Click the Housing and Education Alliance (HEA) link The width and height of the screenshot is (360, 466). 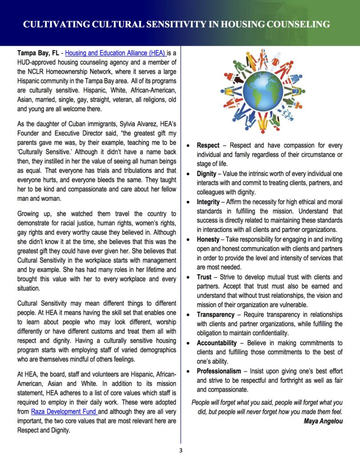click(x=117, y=53)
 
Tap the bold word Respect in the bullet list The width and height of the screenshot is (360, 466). click(x=208, y=146)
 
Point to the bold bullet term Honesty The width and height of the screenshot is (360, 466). click(x=208, y=239)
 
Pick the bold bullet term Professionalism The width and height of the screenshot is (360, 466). click(x=219, y=371)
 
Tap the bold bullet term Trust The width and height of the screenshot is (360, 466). click(x=204, y=277)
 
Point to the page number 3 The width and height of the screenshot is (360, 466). click(x=180, y=451)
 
